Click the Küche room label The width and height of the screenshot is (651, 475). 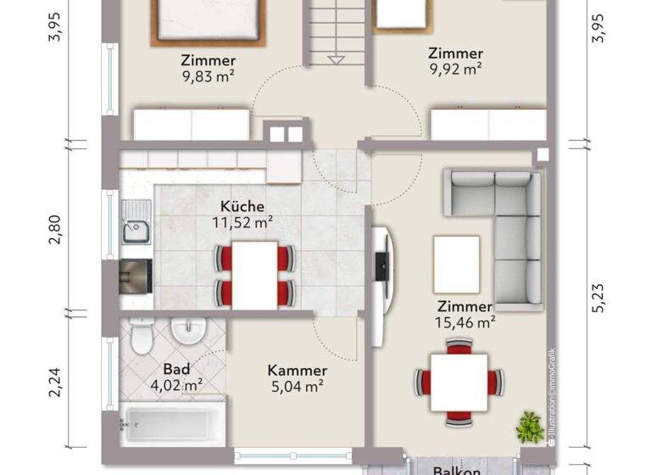tap(242, 206)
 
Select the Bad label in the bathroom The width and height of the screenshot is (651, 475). tap(176, 370)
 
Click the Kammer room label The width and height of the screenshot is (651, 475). tap(297, 371)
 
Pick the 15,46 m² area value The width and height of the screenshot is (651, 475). tap(466, 323)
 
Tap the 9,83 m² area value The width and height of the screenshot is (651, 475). tap(208, 76)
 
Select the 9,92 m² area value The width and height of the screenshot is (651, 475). tap(456, 70)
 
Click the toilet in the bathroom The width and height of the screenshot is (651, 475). tap(142, 337)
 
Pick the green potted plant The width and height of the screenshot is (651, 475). tap(531, 425)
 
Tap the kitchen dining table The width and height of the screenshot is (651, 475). tap(254, 273)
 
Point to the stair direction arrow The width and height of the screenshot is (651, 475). tap(337, 59)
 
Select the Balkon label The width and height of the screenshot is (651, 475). tap(458, 470)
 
